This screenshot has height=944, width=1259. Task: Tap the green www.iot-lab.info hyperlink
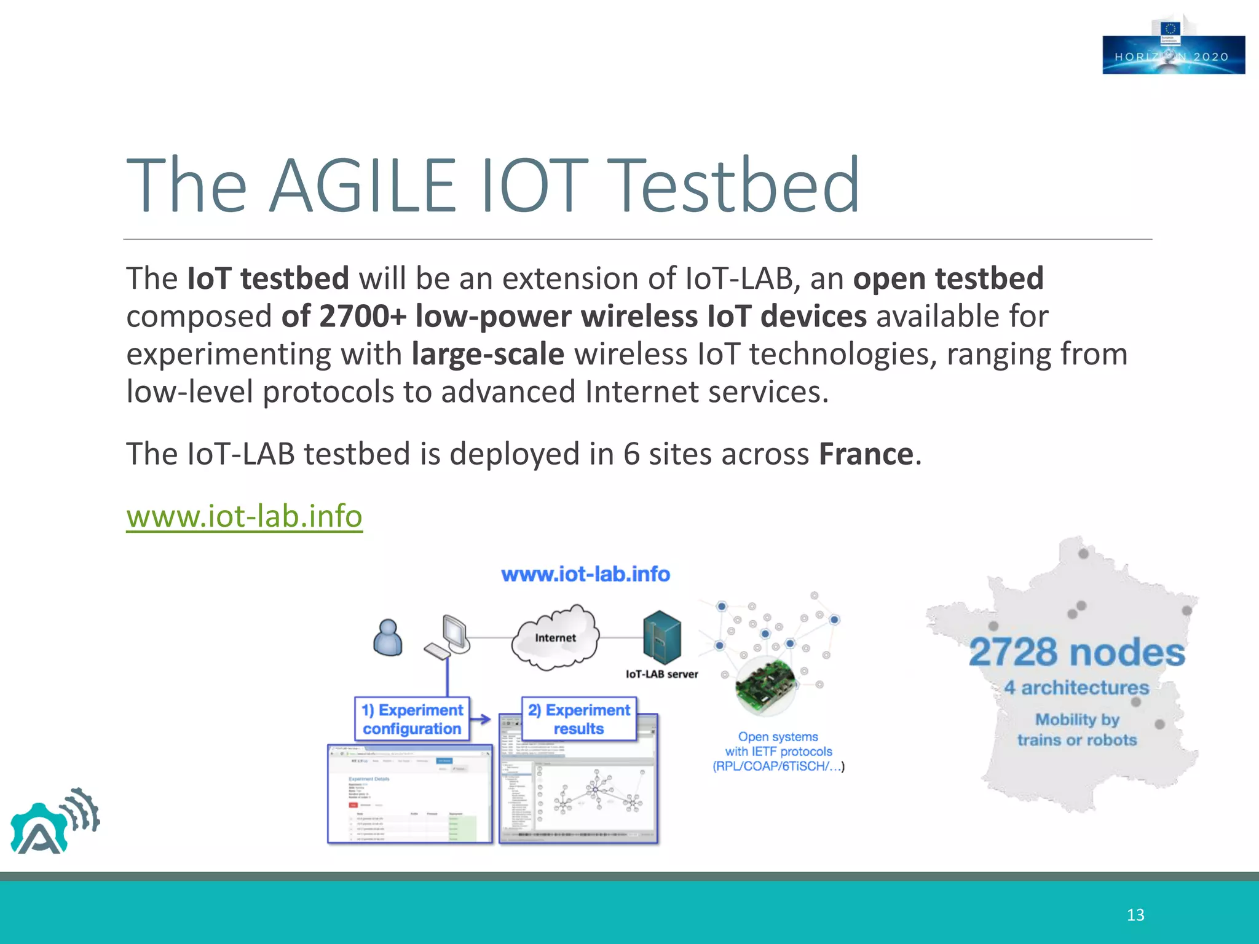pyautogui.click(x=244, y=516)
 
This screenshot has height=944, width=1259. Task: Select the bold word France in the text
pyautogui.click(x=866, y=454)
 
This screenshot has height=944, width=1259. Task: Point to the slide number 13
pyautogui.click(x=1135, y=915)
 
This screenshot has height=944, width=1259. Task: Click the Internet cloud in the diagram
pyautogui.click(x=555, y=638)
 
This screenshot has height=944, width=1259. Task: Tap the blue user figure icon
pyautogui.click(x=388, y=638)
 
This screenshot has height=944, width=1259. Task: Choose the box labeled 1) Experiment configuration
pyautogui.click(x=412, y=719)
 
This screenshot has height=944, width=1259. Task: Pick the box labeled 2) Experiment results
pyautogui.click(x=578, y=719)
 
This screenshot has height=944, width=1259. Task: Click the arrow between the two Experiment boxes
pyautogui.click(x=483, y=719)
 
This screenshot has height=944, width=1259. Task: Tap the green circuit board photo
pyautogui.click(x=765, y=685)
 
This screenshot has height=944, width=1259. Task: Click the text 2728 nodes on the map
pyautogui.click(x=1077, y=653)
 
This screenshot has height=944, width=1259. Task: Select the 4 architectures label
pyautogui.click(x=1076, y=688)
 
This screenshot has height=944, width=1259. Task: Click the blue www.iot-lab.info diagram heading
pyautogui.click(x=585, y=575)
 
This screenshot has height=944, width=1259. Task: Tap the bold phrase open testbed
pyautogui.click(x=948, y=278)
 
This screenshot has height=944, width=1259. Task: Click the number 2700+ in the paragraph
pyautogui.click(x=363, y=317)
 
